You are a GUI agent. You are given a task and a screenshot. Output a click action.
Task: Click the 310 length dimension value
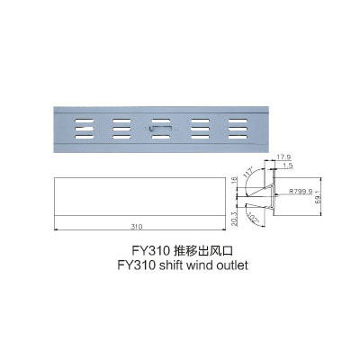(x=137, y=227)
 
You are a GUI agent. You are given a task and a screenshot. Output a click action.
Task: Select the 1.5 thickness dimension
(x=288, y=166)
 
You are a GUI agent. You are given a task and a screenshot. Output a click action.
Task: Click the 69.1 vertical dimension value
(x=318, y=197)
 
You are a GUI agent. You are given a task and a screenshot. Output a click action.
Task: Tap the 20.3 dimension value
(x=235, y=219)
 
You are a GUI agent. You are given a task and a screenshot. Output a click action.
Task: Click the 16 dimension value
(x=235, y=181)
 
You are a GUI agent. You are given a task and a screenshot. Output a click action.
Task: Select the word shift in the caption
(x=169, y=265)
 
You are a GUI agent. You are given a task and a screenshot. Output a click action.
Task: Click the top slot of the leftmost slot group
(x=85, y=121)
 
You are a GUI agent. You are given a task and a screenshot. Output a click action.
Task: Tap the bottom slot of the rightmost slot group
(x=238, y=137)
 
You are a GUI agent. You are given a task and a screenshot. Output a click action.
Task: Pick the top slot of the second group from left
(x=121, y=121)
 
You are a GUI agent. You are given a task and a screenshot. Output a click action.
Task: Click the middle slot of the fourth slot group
(x=200, y=129)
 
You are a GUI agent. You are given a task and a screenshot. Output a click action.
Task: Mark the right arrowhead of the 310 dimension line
(x=223, y=230)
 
